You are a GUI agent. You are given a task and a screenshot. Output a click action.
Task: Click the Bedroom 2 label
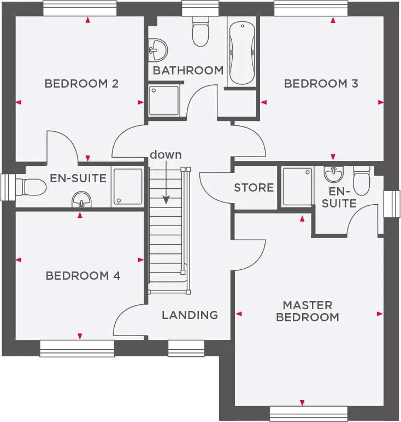[x=81, y=84]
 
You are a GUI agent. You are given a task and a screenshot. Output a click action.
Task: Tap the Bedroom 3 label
[x=321, y=84]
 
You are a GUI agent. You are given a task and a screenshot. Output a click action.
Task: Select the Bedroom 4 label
[x=82, y=275]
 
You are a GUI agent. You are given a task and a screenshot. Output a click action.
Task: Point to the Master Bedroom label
[x=307, y=311]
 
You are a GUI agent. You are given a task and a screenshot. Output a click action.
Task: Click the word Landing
[x=190, y=315]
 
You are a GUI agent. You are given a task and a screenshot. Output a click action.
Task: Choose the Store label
[x=253, y=188]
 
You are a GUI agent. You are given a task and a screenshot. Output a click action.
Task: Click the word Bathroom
[x=188, y=71]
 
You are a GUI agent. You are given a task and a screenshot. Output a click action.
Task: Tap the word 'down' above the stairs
[x=166, y=155]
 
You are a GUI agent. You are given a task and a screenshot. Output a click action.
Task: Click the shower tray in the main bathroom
[x=164, y=100]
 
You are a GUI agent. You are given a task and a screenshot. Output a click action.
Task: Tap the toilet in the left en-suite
[x=31, y=187]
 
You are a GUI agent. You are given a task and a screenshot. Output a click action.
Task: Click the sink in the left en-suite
[x=81, y=200]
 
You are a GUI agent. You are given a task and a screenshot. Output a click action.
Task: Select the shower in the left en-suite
[x=128, y=187]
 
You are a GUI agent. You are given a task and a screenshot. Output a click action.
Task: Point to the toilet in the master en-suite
[x=362, y=181]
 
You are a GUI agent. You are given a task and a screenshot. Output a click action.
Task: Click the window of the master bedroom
[x=308, y=413]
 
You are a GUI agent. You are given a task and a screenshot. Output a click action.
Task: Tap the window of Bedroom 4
[x=77, y=349]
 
